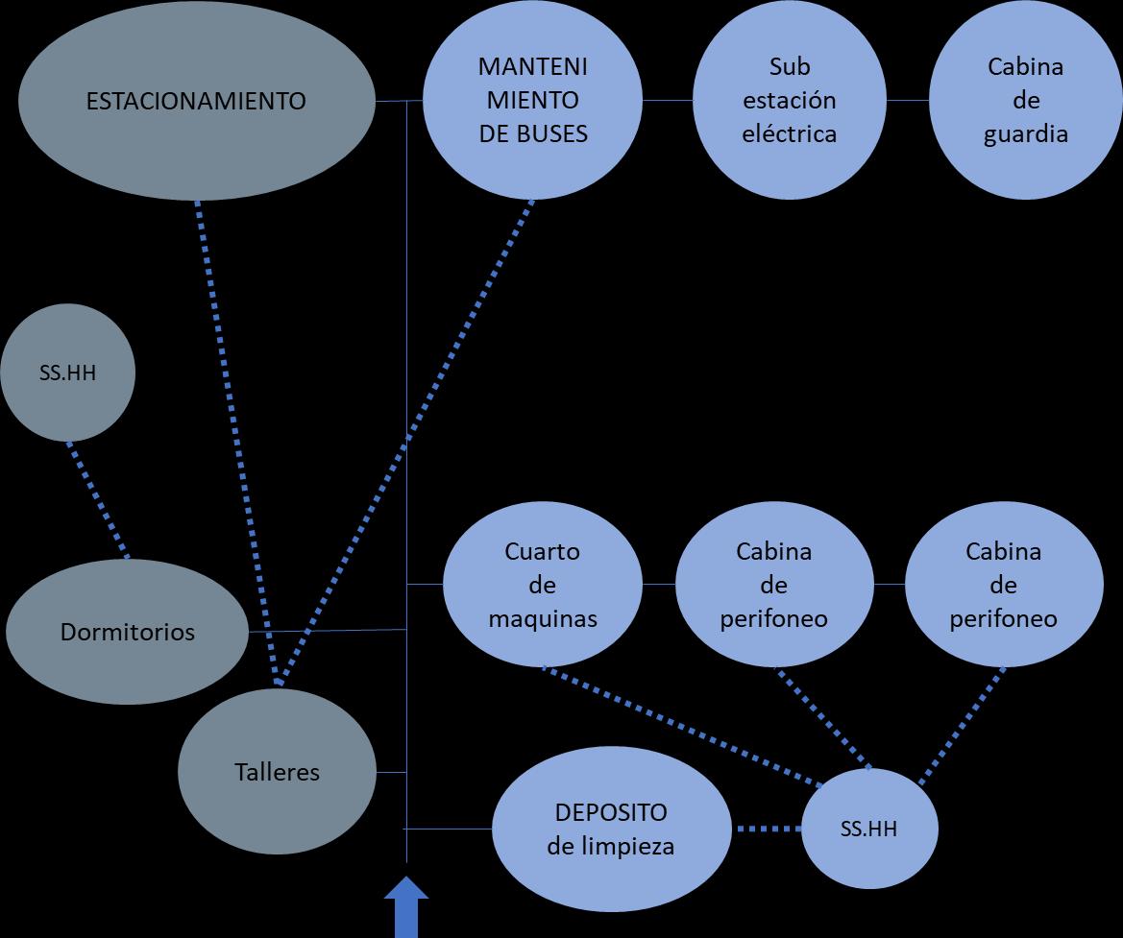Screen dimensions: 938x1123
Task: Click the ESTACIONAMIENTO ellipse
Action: pos(196,101)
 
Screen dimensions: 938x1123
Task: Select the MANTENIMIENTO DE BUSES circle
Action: pos(532,101)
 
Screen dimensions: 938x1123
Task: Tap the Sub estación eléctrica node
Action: pos(789,101)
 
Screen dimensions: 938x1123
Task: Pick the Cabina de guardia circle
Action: pos(1025,101)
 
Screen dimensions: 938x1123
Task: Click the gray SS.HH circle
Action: pos(67,373)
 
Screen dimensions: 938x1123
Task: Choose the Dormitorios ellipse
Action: pos(127,632)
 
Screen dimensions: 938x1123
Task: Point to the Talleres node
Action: pos(277,772)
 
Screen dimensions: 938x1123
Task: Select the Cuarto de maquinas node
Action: pos(542,585)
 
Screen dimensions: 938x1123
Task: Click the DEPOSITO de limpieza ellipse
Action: pos(610,829)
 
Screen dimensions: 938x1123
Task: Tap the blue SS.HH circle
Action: pos(870,829)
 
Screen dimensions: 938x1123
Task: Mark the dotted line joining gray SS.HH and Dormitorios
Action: pos(97,499)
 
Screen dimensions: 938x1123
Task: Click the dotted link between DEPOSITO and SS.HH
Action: pos(768,829)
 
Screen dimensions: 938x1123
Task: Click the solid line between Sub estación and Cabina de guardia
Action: pos(908,101)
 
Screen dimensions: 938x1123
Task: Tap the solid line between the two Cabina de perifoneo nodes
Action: pos(890,585)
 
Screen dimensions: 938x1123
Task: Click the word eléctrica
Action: pos(789,133)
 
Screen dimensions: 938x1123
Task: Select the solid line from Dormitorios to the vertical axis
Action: pos(327,631)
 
